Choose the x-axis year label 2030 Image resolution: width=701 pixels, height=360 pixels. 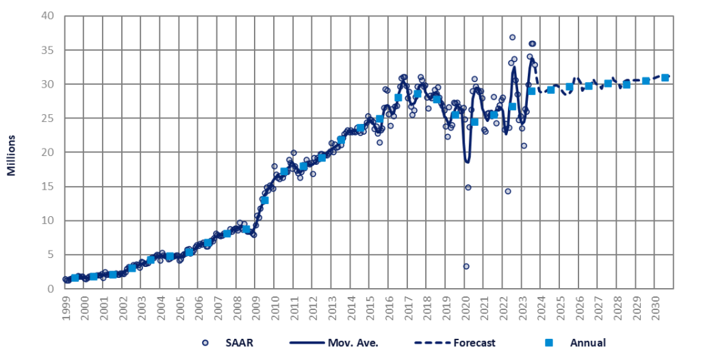pos(655,305)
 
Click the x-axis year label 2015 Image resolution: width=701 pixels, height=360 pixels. pos(369,305)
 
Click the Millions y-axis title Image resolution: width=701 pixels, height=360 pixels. pos(12,152)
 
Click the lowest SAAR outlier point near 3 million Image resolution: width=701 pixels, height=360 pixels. pos(466,266)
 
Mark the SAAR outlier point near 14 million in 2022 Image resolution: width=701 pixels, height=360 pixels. pos(508,192)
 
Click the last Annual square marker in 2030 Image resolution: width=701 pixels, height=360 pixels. pos(665,77)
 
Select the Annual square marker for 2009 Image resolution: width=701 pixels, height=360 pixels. pos(264,200)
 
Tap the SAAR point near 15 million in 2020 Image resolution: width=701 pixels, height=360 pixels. pos(468,187)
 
